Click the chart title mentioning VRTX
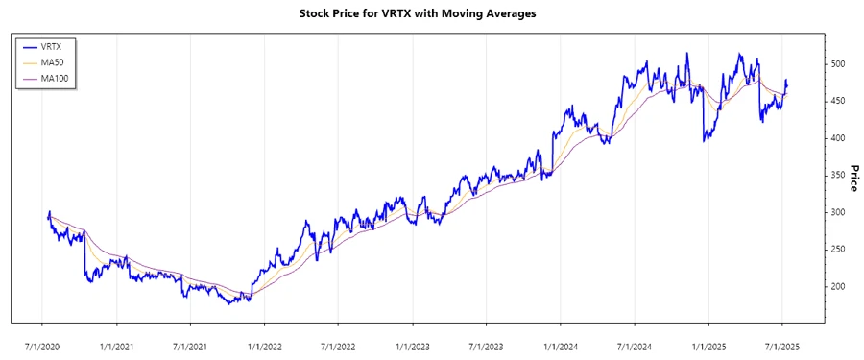432,13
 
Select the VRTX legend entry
65,46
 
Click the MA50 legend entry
65,62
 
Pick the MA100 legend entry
68,78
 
